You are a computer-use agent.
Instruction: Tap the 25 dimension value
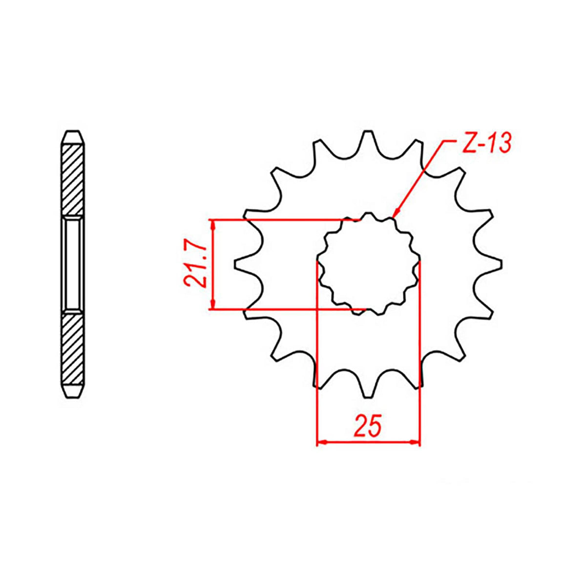[367, 426]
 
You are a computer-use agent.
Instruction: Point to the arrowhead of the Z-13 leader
[396, 212]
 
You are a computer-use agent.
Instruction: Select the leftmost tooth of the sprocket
[244, 265]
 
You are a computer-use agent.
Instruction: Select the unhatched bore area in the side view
[73, 264]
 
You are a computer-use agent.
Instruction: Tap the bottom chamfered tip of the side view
[73, 393]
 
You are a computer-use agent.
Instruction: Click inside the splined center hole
[369, 265]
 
